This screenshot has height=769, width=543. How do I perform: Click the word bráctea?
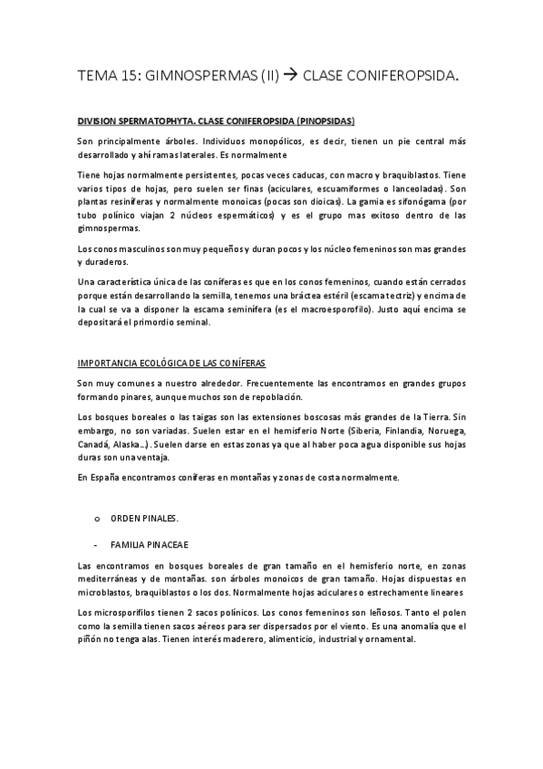click(300, 297)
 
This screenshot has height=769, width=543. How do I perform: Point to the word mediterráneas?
click(112, 578)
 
